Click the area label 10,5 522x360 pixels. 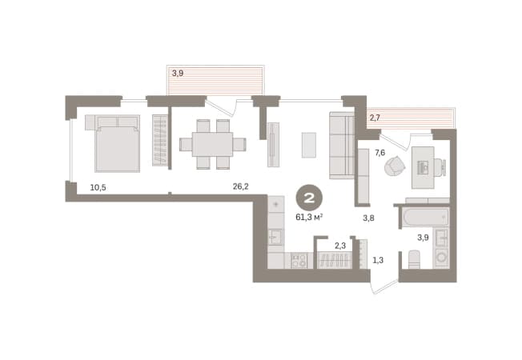click(98, 188)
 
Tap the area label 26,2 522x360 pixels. click(240, 186)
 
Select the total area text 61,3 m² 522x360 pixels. click(310, 218)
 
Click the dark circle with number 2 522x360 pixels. click(309, 198)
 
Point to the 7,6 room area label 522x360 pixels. click(379, 153)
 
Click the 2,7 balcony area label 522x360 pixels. click(375, 118)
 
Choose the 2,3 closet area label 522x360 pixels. click(340, 246)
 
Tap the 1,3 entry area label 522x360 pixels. click(378, 260)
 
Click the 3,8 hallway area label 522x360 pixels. click(368, 218)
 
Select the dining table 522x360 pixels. click(212, 144)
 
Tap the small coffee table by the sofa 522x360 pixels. click(309, 145)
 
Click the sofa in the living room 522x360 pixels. click(342, 146)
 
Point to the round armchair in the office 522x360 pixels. click(395, 166)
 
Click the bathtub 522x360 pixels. click(425, 218)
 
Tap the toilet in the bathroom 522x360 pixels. click(415, 259)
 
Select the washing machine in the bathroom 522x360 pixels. click(442, 258)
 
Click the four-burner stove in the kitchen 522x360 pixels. click(299, 261)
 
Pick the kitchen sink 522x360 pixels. click(276, 237)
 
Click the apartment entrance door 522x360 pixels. click(384, 288)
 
